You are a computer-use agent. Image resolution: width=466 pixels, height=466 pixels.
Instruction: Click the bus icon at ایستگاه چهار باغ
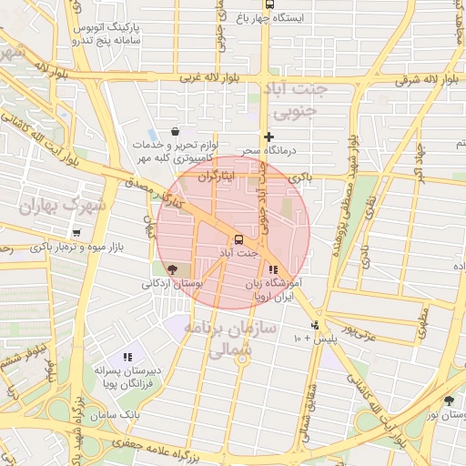(x=268, y=5)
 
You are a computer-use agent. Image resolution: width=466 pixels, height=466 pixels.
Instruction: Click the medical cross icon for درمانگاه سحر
(x=268, y=137)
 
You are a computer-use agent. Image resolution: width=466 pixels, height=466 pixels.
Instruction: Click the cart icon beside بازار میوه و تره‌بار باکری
(x=76, y=232)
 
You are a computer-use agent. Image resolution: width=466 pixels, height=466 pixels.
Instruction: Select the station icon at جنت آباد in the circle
(x=238, y=239)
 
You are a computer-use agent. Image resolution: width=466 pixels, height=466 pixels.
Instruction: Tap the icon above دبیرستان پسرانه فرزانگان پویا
(x=127, y=357)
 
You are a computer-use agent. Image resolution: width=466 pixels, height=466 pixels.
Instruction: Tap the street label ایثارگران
(x=216, y=173)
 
